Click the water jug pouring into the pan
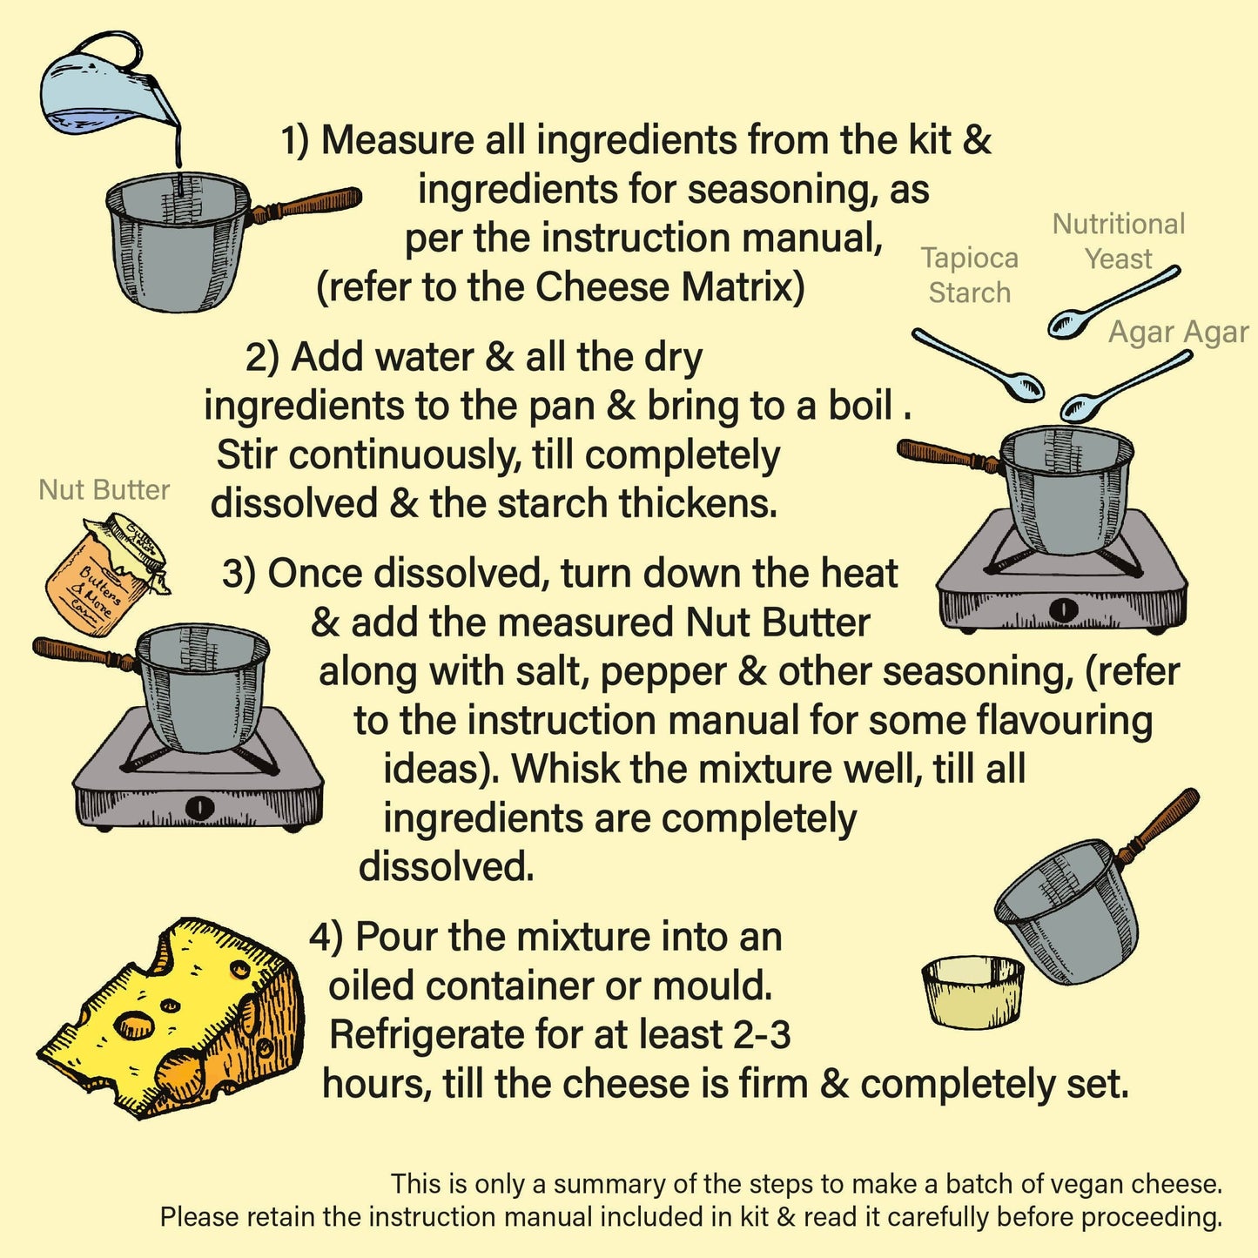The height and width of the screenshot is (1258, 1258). (104, 87)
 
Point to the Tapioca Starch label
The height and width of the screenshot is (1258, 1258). (969, 275)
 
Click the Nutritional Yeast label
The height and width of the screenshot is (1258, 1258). (1118, 241)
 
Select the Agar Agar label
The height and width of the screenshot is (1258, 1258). (1178, 333)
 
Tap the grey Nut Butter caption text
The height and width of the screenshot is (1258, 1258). (104, 490)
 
